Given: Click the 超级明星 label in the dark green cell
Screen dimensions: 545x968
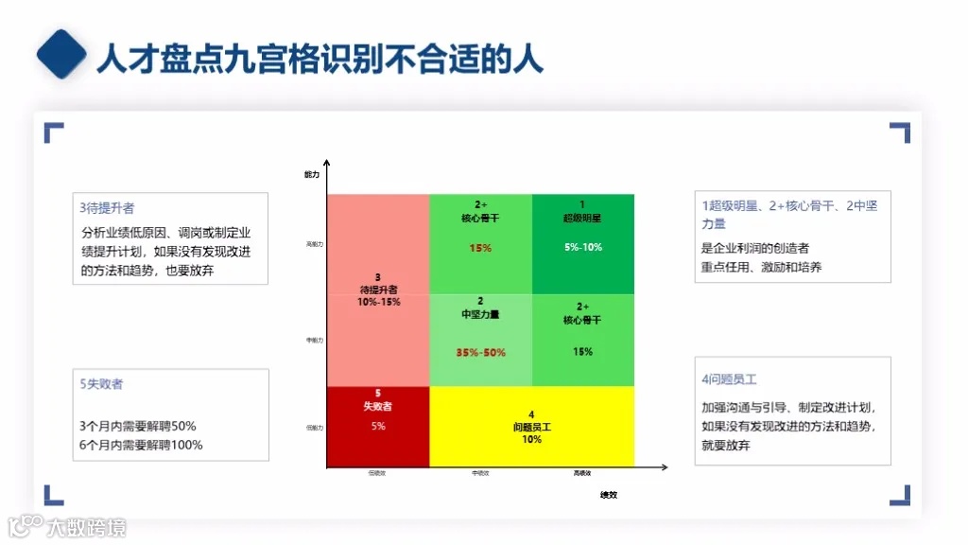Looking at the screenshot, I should point(582,218).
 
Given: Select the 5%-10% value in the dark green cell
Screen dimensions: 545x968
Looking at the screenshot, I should point(582,248).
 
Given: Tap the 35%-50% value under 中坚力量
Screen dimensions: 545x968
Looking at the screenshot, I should point(480,353).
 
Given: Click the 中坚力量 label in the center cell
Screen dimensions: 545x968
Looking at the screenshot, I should point(480,314).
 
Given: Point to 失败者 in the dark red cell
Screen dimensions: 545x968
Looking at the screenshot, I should point(377,406).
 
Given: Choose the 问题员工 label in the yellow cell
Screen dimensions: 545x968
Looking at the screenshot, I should point(531,428).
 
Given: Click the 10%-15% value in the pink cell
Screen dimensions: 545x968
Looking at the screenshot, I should point(378,302).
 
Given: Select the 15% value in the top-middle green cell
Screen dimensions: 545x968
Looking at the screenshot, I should point(480,248).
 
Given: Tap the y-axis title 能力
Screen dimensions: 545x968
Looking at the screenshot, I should point(312,175).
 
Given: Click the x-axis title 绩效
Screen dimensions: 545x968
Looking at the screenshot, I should point(608,495).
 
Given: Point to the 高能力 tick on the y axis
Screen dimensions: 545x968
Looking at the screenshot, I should point(315,244).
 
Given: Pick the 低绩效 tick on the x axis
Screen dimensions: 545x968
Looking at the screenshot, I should point(377,473).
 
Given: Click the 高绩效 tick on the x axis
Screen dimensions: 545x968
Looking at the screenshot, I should point(582,473).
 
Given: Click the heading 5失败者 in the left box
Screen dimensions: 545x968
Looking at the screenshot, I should point(101,384).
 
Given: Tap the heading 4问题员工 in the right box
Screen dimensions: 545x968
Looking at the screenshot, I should point(729,379).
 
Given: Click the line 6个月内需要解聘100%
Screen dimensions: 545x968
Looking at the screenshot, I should point(141,445).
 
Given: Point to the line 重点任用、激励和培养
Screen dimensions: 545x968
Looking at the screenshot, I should point(761,267).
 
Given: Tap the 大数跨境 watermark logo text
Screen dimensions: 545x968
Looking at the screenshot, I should point(86,528).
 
